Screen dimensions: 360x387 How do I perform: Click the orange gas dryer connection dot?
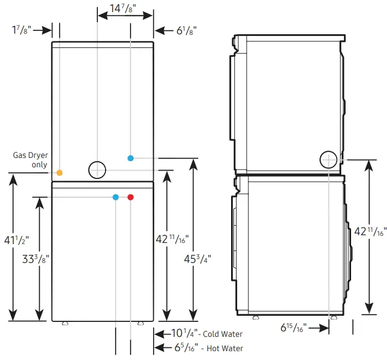tap(60, 173)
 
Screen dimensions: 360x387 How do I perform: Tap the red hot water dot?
tap(130, 197)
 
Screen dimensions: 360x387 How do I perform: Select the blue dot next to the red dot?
tap(116, 197)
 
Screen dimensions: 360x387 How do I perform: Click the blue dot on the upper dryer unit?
tap(130, 158)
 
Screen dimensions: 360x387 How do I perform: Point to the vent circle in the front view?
tap(97, 170)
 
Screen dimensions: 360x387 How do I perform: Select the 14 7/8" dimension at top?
tap(124, 8)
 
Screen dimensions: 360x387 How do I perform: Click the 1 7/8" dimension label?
tap(20, 30)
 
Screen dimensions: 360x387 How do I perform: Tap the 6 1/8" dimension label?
tap(186, 30)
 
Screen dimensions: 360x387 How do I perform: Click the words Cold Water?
tap(222, 334)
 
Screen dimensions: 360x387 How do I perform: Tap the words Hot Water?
tap(224, 348)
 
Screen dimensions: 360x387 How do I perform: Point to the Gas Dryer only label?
tap(30, 160)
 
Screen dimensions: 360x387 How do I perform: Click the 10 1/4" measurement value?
tap(183, 334)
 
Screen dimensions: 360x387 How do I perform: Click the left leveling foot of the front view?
tap(66, 323)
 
